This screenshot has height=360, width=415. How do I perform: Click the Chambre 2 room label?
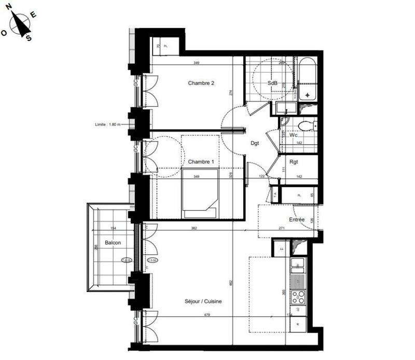[201, 83]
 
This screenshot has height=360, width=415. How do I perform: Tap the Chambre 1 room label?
[201, 162]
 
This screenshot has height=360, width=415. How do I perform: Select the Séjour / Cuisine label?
[200, 301]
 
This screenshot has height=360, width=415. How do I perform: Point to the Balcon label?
[113, 243]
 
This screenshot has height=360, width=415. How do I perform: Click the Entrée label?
[297, 220]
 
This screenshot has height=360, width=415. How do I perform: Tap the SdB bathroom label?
[272, 83]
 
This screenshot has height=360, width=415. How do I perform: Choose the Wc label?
[293, 135]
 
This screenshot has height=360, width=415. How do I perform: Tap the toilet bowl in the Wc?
[306, 125]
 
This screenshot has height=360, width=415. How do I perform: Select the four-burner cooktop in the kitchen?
[298, 297]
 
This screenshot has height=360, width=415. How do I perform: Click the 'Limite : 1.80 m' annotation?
[107, 124]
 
